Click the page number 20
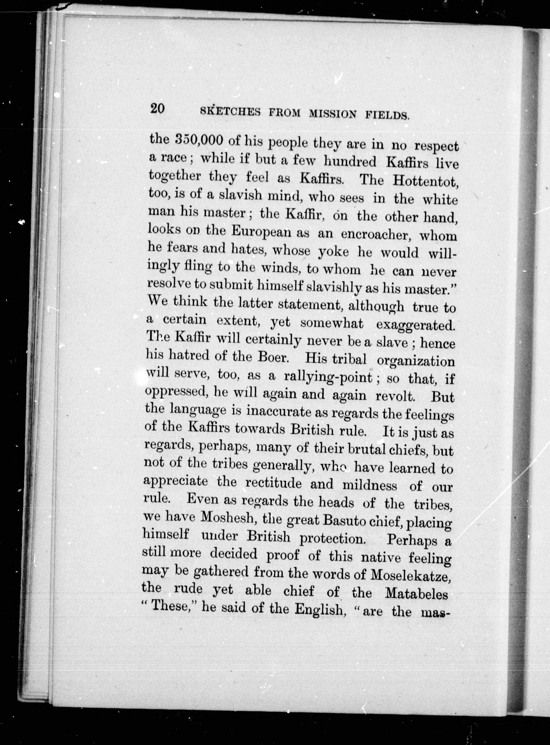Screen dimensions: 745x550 [x=157, y=109]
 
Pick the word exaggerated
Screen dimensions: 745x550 [x=415, y=324]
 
